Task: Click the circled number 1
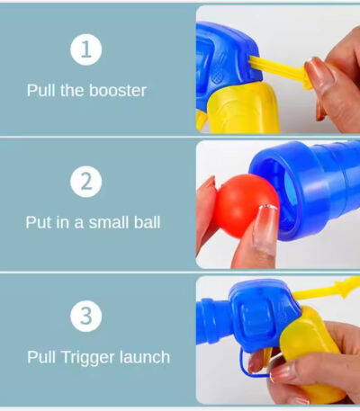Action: point(86,49)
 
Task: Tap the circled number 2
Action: point(86,182)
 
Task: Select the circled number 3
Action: point(86,316)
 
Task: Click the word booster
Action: point(118,90)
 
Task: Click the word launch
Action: point(145,357)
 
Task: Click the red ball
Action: point(245,206)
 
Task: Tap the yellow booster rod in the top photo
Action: point(280,71)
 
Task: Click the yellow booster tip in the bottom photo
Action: point(349,286)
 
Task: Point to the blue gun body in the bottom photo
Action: point(255,317)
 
